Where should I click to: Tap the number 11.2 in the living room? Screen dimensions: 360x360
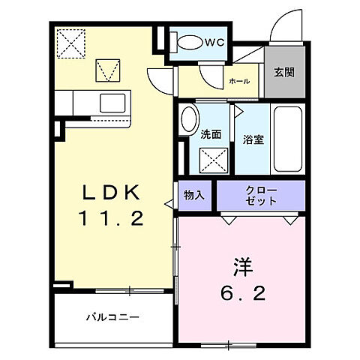coord(111,220)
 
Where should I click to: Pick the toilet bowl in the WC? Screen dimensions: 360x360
coord(187,43)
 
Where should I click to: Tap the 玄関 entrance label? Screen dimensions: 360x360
coord(283,72)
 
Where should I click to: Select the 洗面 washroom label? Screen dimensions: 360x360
coord(211,135)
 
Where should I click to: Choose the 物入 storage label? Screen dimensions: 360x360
coord(194,195)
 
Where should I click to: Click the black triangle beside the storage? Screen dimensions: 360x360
coord(167,202)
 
